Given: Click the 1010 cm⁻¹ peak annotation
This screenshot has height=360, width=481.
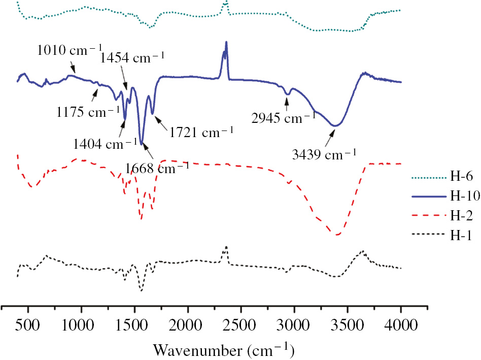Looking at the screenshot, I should coord(65,51).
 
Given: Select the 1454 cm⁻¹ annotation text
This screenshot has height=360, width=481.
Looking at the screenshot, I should coord(132,57).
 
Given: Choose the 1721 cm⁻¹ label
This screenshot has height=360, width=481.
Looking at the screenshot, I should coord(201,133).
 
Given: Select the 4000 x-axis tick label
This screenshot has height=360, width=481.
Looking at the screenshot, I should coord(401,324).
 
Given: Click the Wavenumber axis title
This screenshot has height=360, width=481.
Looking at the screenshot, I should coord(224,350).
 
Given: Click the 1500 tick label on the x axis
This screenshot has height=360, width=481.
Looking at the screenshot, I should coord(135,324).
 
